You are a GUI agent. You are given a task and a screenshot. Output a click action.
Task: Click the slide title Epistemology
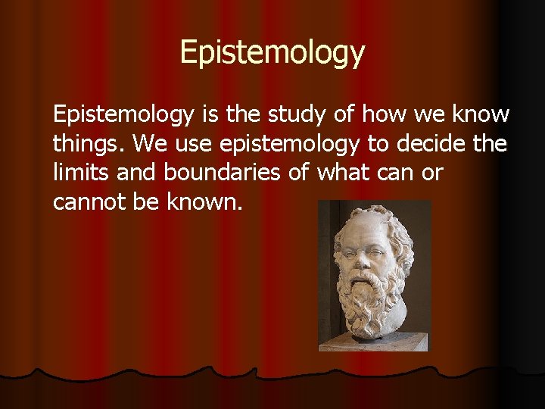click(272, 53)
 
